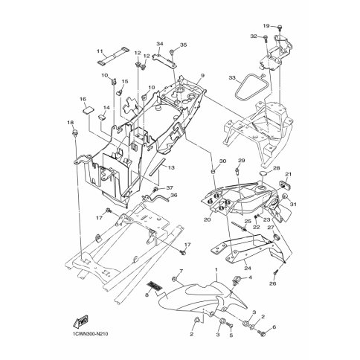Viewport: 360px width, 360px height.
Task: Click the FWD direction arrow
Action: pyautogui.click(x=81, y=321)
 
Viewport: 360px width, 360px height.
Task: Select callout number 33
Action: pyautogui.click(x=232, y=77)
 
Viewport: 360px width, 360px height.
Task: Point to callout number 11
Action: pyautogui.click(x=100, y=51)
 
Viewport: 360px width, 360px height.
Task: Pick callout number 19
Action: pyautogui.click(x=266, y=26)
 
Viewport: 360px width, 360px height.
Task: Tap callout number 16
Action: pyautogui.click(x=83, y=99)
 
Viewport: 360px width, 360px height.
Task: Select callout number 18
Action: pyautogui.click(x=71, y=122)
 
